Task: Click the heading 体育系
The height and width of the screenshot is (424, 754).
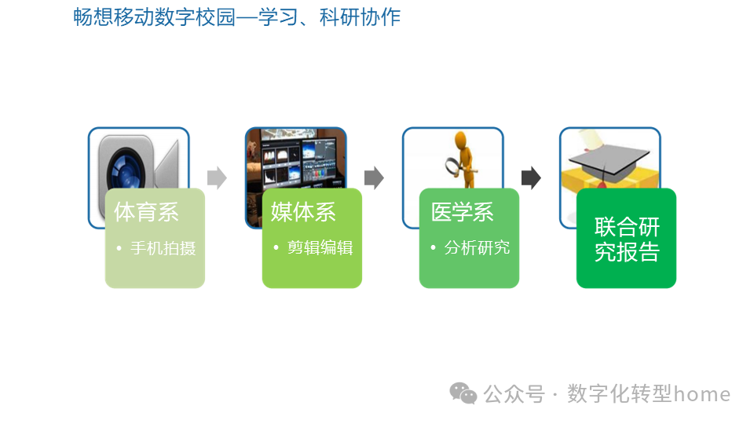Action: point(146,212)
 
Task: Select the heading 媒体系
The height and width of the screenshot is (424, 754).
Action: point(303,212)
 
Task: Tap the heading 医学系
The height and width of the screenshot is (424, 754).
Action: point(462,212)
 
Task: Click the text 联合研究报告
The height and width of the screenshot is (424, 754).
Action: point(627,239)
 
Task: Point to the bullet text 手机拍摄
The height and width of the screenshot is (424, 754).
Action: point(163,248)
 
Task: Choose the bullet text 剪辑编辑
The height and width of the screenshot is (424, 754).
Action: point(320,248)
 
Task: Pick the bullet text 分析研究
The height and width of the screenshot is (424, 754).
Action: point(477,248)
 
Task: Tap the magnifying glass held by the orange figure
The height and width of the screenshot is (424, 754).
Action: point(455,166)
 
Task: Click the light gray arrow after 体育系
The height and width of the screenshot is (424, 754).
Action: point(217,178)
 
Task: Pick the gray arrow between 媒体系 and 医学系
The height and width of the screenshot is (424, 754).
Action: point(374,178)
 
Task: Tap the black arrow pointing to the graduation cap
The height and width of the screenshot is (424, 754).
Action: point(531,178)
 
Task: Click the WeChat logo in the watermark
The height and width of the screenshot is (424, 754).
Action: point(463,393)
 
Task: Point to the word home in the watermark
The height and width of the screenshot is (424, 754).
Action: point(702,394)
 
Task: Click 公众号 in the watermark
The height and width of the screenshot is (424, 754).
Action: point(514,394)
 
